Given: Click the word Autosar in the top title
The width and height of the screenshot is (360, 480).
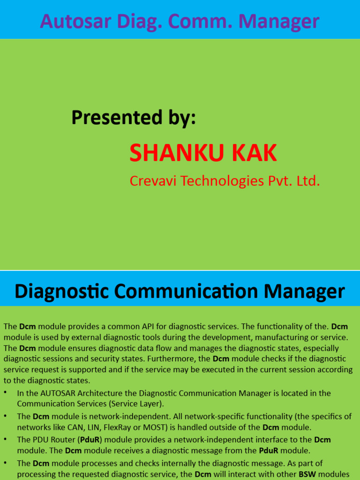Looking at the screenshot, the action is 75,21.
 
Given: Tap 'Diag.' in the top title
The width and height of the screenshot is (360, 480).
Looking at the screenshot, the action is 140,22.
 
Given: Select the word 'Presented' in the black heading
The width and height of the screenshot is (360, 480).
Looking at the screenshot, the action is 117,118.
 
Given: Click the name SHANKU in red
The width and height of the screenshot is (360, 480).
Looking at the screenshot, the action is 172,153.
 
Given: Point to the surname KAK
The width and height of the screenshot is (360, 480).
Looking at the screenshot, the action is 250,153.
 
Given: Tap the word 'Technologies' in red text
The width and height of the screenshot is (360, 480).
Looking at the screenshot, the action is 222,181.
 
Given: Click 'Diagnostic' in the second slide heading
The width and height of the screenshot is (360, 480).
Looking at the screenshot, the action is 61,292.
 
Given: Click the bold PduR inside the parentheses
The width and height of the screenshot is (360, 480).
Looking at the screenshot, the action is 90,440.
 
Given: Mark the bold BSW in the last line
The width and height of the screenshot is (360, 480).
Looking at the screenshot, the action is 307,474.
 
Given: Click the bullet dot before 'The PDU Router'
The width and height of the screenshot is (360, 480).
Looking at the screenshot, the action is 6,439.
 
